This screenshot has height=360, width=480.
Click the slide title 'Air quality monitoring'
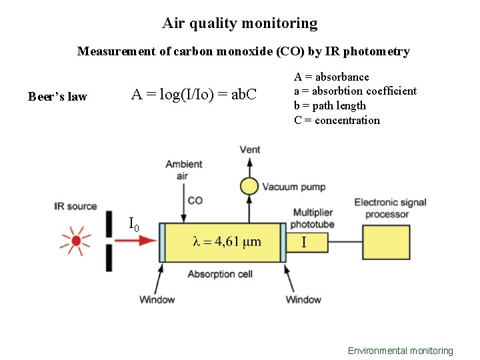(x=240, y=23)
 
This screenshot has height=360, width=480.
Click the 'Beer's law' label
(x=57, y=97)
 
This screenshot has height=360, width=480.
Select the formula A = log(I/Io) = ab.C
(x=194, y=95)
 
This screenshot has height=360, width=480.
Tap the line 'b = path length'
(x=330, y=106)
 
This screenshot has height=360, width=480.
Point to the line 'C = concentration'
(x=337, y=121)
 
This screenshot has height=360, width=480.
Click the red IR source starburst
(x=76, y=241)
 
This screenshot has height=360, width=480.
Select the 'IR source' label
(x=76, y=207)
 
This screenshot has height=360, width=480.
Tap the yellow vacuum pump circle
(x=249, y=187)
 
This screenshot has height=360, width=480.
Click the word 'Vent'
(x=250, y=149)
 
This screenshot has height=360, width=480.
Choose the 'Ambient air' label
(x=183, y=170)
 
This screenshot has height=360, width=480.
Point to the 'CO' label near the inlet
(x=195, y=200)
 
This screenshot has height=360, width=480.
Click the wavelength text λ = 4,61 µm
(x=227, y=241)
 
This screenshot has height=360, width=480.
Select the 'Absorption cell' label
(x=220, y=275)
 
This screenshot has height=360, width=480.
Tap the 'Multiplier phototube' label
(x=313, y=218)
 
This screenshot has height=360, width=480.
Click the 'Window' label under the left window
(x=157, y=300)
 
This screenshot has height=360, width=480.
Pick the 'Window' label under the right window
(x=303, y=300)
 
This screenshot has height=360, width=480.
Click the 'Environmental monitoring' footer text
(x=400, y=351)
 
